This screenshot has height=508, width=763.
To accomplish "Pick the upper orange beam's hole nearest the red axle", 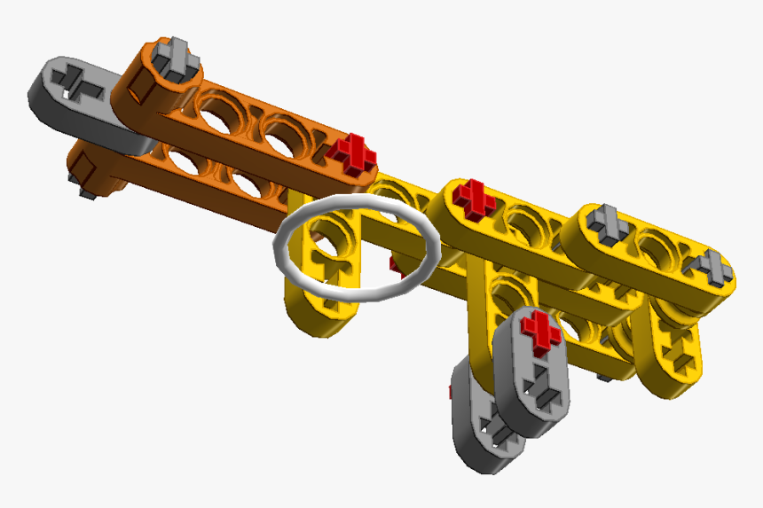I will click(x=286, y=134).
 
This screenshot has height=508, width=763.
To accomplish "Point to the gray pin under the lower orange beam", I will click(x=85, y=190).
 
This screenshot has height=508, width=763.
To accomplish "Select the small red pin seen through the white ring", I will click(x=394, y=262).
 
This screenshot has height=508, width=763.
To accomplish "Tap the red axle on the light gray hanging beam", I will click(x=540, y=330).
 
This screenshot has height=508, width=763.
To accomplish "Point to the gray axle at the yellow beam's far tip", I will click(x=714, y=265).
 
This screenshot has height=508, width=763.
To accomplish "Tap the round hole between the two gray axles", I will click(x=661, y=246).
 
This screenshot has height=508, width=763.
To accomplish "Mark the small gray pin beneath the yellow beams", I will click(x=602, y=378).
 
